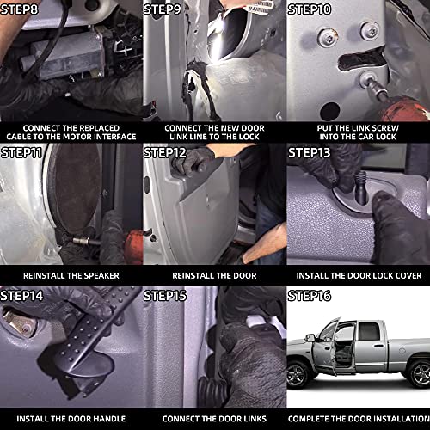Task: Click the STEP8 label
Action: [19, 9]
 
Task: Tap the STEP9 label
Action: [163, 9]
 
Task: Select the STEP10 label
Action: [310, 9]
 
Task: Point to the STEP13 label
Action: [310, 152]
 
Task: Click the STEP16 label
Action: [310, 296]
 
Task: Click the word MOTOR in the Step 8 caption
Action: [77, 137]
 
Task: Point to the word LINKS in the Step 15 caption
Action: [253, 419]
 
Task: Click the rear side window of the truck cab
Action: [369, 332]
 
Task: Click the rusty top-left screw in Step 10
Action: [327, 38]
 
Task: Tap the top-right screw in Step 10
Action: [370, 30]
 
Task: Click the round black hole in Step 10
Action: [330, 112]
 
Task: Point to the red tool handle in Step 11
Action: [133, 247]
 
